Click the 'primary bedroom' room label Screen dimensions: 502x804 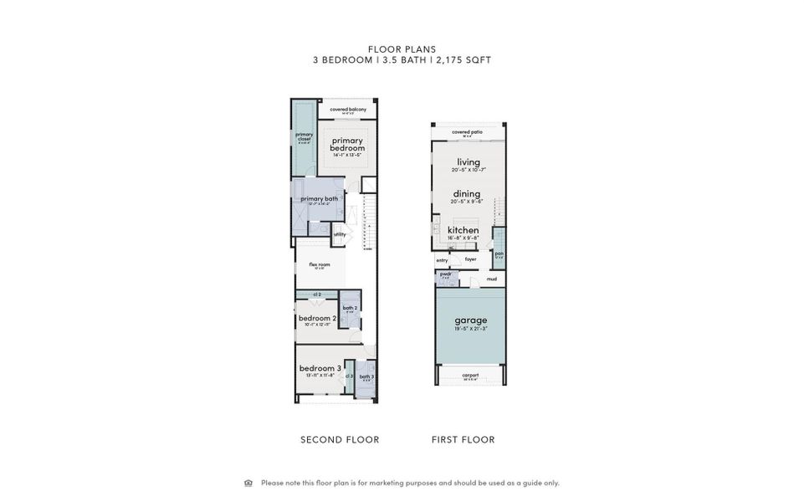tap(347, 144)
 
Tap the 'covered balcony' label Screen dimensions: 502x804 tap(347, 110)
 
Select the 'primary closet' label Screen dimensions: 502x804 tap(304, 136)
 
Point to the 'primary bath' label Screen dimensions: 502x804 tap(319, 198)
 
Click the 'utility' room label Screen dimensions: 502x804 tap(339, 234)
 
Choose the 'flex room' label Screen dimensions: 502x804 tap(319, 264)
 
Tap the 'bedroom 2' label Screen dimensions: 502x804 tap(317, 318)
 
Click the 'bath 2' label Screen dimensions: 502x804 tap(350, 308)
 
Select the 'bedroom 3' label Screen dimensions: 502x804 tap(320, 368)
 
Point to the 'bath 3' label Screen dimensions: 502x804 tap(366, 376)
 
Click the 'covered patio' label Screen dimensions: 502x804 tap(468, 132)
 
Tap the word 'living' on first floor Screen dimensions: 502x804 tap(469, 161)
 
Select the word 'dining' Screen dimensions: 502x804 tap(467, 194)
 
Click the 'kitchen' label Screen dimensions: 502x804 tap(463, 230)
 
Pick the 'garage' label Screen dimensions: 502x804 tap(470, 320)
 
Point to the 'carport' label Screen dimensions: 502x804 tap(470, 376)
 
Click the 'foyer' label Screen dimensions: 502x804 tap(470, 259)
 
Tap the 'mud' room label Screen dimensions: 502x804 tap(492, 279)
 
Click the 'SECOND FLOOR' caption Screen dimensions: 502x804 tap(340, 439)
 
